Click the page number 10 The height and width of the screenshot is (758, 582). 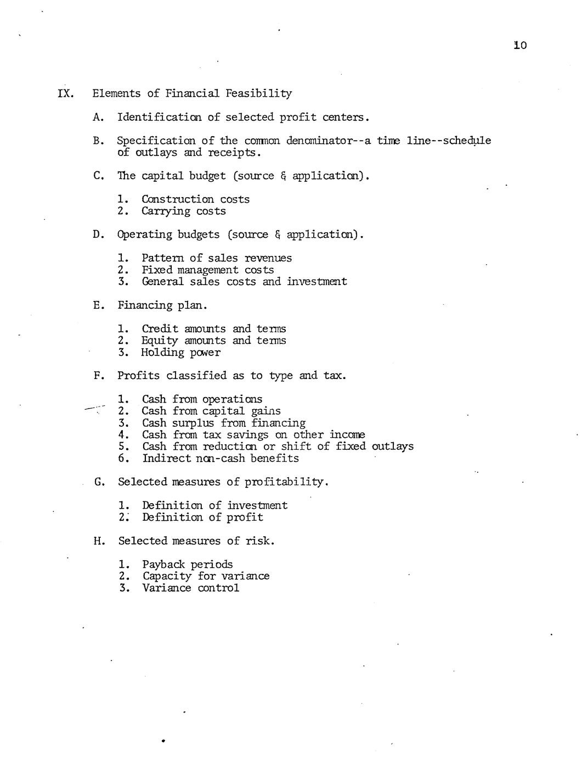point(520,45)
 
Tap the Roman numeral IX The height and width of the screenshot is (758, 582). point(65,93)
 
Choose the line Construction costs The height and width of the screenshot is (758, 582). point(195,199)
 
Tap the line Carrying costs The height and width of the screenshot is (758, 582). point(184,211)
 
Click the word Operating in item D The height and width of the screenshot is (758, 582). point(144,235)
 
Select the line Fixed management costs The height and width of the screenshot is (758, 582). point(207,270)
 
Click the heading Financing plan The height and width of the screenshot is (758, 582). point(162,305)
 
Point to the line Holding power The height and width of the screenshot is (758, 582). point(181,353)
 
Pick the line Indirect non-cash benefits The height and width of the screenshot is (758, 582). point(221,458)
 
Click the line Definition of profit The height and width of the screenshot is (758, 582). point(202,517)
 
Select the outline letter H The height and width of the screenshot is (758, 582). point(99,541)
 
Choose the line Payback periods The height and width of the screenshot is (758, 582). point(188,565)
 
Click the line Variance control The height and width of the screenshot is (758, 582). point(191,588)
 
